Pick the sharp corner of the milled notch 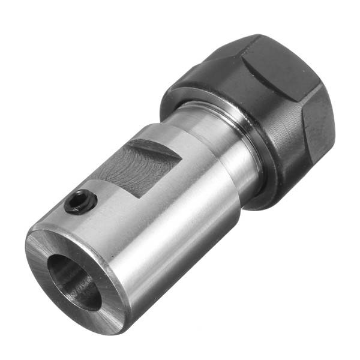coord(181,158)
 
